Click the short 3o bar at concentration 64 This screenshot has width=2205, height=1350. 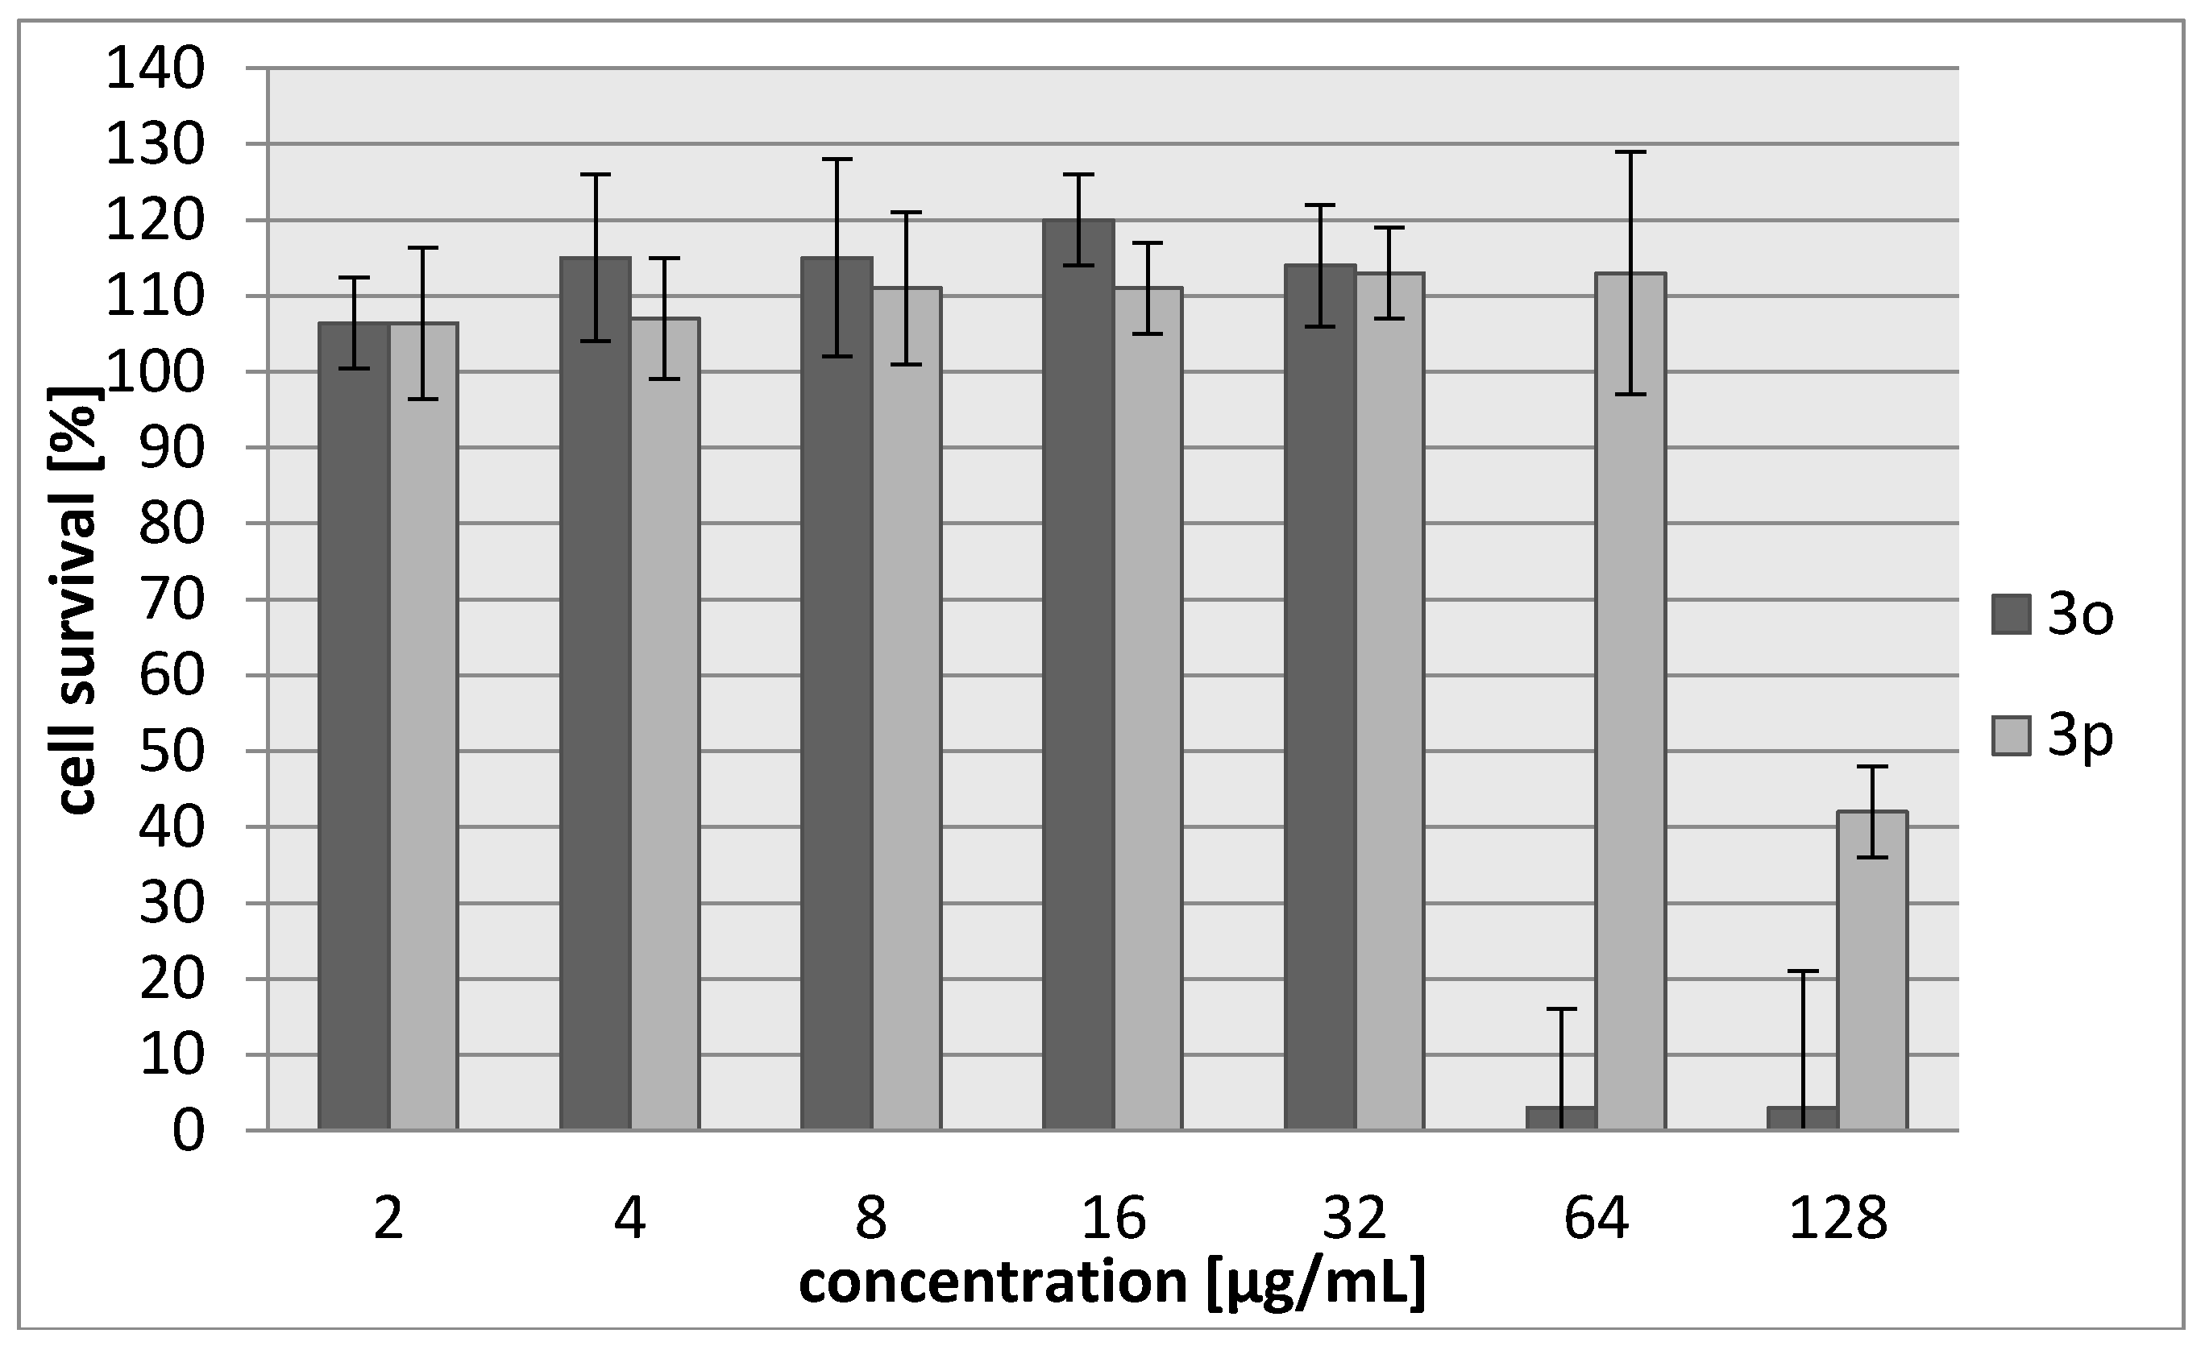1561,1118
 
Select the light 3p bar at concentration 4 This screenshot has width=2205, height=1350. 665,724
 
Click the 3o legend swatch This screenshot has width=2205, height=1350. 2011,614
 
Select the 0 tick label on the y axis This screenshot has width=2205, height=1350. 188,1131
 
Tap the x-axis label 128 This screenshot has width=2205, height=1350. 1838,1219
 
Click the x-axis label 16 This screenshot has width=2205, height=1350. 1113,1219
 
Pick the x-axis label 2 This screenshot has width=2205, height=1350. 388,1219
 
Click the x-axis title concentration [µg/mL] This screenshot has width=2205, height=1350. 1111,1283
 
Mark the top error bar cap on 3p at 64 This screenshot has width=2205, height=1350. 1630,152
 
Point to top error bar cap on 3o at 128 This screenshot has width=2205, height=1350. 1802,971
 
